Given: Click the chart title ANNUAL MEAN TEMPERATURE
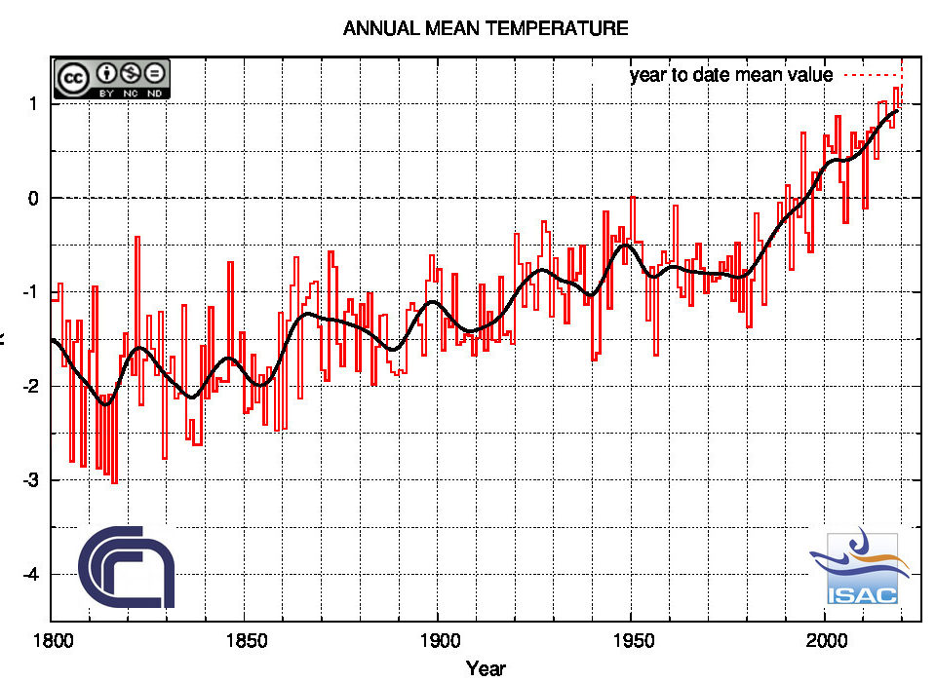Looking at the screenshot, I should pyautogui.click(x=486, y=29).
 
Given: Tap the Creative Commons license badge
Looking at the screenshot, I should pyautogui.click(x=112, y=78).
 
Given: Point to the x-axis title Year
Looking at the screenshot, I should pyautogui.click(x=486, y=668).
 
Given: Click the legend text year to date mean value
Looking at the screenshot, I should pyautogui.click(x=731, y=75).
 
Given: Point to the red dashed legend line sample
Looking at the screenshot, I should pyautogui.click(x=870, y=75).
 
